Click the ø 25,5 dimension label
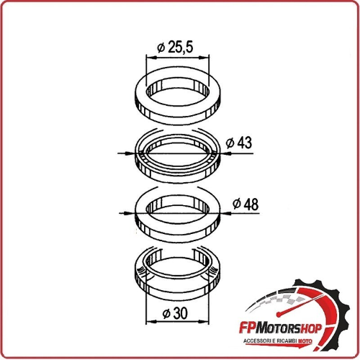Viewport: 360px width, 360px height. pos(175,48)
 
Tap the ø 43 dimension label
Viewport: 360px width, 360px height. pos(239,143)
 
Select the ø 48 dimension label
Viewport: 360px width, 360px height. pos(246,204)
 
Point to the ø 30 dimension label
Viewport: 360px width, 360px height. pos(175,313)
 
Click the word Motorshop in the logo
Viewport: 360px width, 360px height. pos(288,328)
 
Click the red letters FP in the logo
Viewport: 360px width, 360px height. pos(247,328)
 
